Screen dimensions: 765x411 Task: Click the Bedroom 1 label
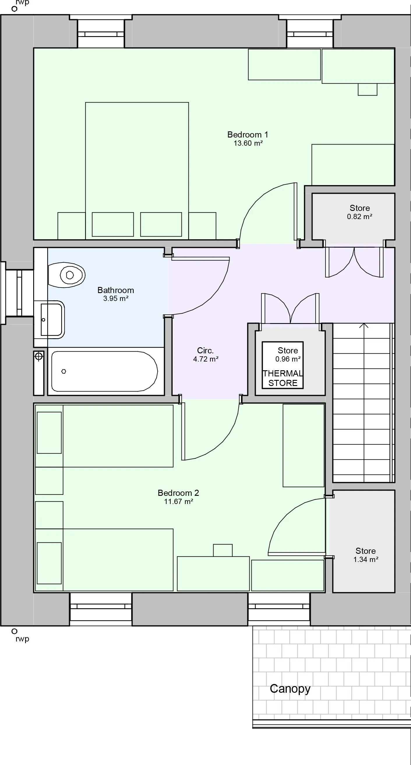[248, 135]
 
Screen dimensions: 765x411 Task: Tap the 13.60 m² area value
[248, 143]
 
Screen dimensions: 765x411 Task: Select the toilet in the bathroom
[67, 275]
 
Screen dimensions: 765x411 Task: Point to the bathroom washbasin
[52, 320]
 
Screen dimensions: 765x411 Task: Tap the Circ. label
[205, 350]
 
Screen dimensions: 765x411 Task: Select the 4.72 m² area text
[206, 359]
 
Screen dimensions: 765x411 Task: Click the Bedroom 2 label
[178, 493]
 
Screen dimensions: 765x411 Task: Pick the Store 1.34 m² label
[366, 555]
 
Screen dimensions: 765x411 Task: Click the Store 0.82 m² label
[360, 212]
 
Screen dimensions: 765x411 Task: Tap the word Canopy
[290, 689]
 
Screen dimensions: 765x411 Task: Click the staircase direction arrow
[364, 325]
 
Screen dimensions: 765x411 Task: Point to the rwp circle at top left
[14, 9]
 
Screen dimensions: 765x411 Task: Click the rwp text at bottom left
[22, 639]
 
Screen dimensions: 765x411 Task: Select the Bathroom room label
[116, 290]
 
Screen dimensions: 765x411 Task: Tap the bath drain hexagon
[63, 371]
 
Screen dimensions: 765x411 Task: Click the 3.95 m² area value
[116, 299]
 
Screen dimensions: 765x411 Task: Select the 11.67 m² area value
[179, 502]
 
